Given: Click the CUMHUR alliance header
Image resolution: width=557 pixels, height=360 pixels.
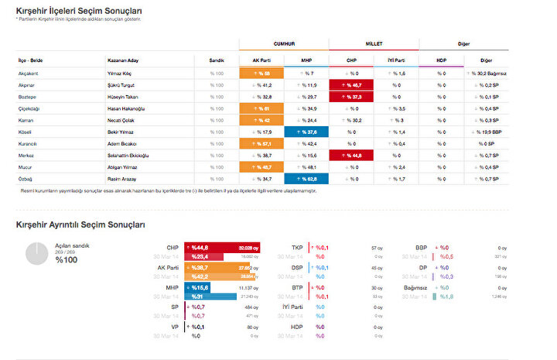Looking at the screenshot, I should tap(284, 44).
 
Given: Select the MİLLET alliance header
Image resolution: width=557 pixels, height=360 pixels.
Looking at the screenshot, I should tap(373, 44).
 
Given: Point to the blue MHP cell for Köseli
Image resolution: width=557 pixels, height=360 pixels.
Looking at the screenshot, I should tap(306, 132).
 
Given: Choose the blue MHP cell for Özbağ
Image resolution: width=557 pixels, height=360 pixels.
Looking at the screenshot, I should tap(306, 179).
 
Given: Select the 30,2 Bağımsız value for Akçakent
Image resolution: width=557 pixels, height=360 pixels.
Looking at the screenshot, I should tap(486, 72).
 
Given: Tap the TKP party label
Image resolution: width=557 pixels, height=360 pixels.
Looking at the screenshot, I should tap(297, 249).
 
